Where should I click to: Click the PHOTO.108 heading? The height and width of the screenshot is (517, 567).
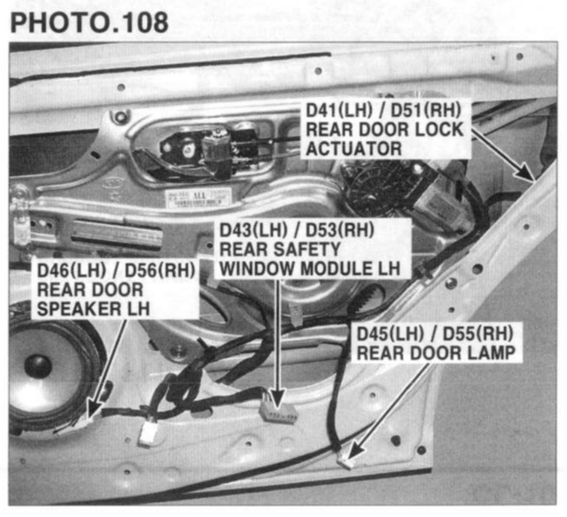pyautogui.click(x=89, y=23)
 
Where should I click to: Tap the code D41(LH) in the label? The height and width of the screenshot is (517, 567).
pyautogui.click(x=339, y=110)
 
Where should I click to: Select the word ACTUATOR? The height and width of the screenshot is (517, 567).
pyautogui.click(x=354, y=148)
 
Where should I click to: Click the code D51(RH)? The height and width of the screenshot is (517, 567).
pyautogui.click(x=426, y=110)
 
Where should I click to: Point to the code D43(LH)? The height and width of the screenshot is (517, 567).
pyautogui.click(x=253, y=229)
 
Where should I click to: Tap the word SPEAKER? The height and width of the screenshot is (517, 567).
pyautogui.click(x=79, y=309)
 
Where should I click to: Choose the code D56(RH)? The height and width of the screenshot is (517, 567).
pyautogui.click(x=160, y=270)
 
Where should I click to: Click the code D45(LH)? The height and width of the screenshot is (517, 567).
pyautogui.click(x=390, y=333)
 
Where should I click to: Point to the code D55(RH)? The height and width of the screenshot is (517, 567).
pyautogui.click(x=478, y=333)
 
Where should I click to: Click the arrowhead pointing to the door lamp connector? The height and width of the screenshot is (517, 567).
pyautogui.click(x=355, y=449)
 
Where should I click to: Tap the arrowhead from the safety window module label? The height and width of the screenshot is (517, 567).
pyautogui.click(x=277, y=398)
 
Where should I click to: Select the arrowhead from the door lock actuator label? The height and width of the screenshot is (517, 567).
pyautogui.click(x=525, y=171)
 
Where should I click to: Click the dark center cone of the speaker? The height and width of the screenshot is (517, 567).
pyautogui.click(x=37, y=365)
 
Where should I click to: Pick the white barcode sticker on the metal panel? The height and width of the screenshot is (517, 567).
pyautogui.click(x=199, y=197)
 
